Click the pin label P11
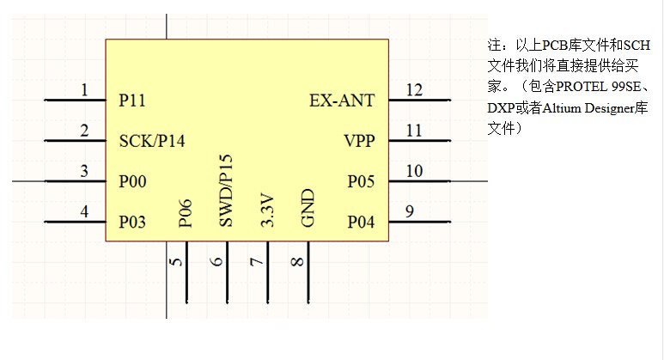[132, 101]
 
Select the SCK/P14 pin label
[151, 141]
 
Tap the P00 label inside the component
[132, 182]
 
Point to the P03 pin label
[132, 223]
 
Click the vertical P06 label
[186, 215]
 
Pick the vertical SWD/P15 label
[226, 191]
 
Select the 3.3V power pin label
[267, 211]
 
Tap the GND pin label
[308, 209]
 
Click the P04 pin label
[361, 223]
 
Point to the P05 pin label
[361, 182]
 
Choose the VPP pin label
[359, 141]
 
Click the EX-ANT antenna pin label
[342, 101]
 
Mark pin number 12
[414, 89]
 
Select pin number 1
[84, 89]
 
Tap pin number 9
[410, 211]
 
